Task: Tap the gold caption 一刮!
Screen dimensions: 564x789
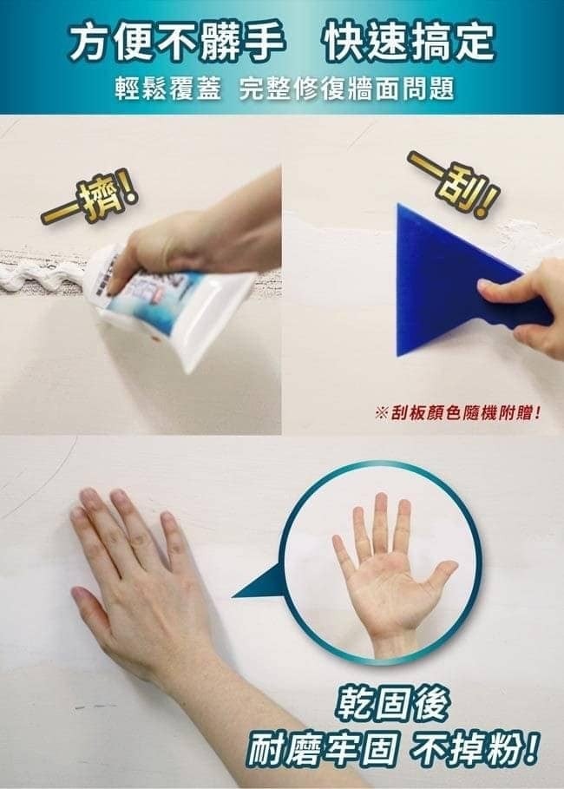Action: coord(454,184)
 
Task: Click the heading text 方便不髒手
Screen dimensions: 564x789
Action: coord(175,43)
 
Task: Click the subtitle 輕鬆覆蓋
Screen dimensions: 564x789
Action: coord(168,89)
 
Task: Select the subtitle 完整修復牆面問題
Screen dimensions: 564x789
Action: coord(347,89)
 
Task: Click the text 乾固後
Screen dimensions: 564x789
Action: coord(393,704)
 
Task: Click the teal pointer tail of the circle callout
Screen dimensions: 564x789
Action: coord(258,583)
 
